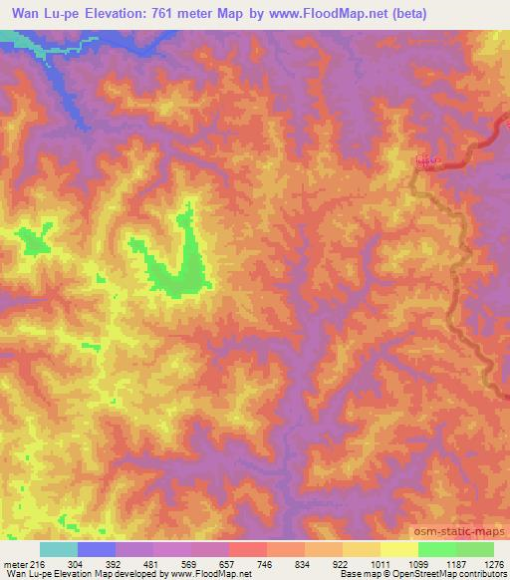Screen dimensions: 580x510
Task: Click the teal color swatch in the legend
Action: [x=59, y=549]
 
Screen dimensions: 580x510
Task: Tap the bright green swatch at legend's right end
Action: [x=474, y=549]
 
